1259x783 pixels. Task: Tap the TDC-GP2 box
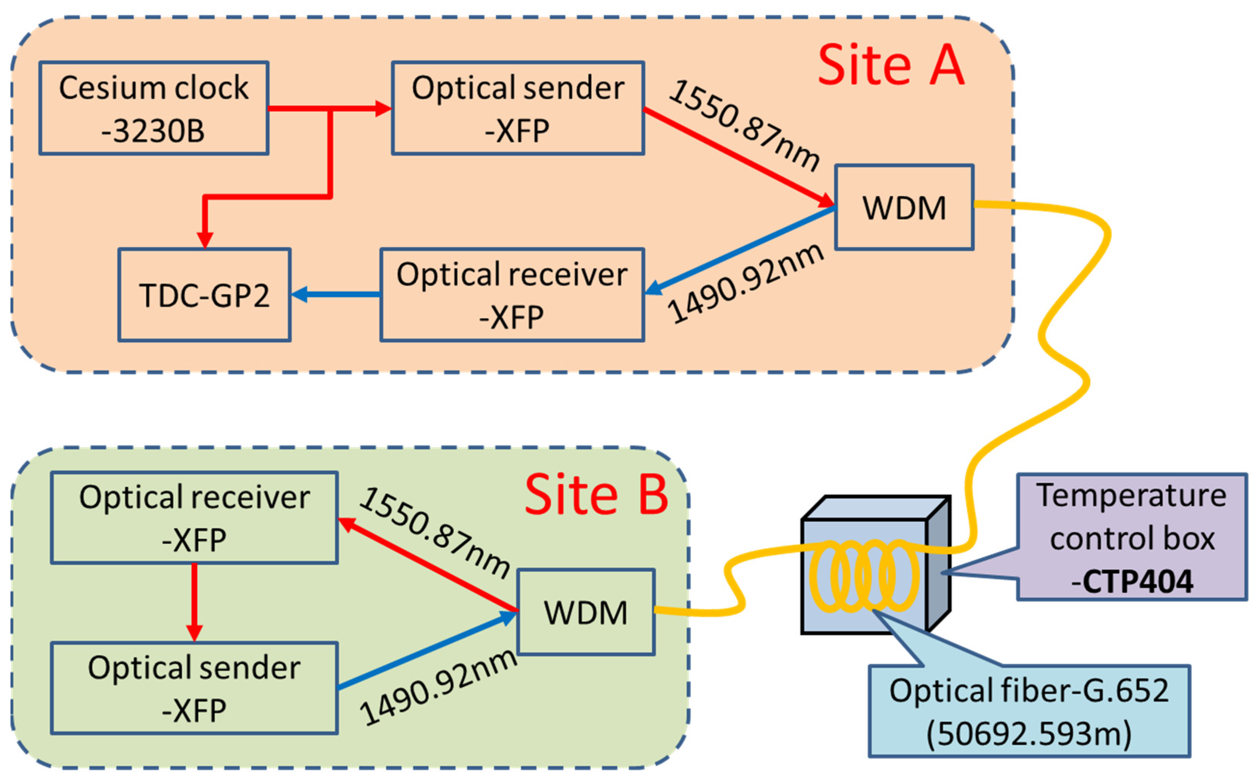pos(204,295)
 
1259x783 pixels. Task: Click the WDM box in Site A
pos(904,208)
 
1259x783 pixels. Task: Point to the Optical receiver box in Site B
pos(194,517)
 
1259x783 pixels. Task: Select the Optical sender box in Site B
pos(194,688)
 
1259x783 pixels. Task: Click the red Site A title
pos(890,66)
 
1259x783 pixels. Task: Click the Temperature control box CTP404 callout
pos(1132,537)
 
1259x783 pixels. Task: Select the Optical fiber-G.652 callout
pos(1029,711)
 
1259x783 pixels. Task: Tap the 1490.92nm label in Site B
pos(438,686)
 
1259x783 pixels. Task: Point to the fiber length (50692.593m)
pos(1029,733)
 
